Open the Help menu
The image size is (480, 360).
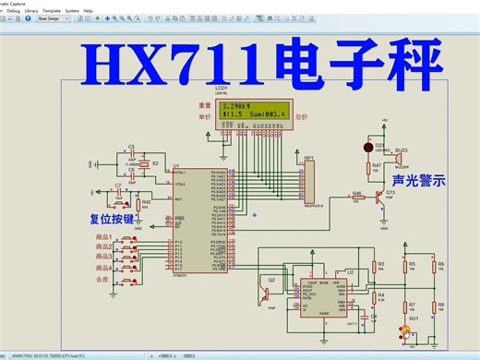point(89,10)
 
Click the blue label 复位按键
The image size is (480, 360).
point(114,221)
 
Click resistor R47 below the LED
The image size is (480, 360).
point(377,169)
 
